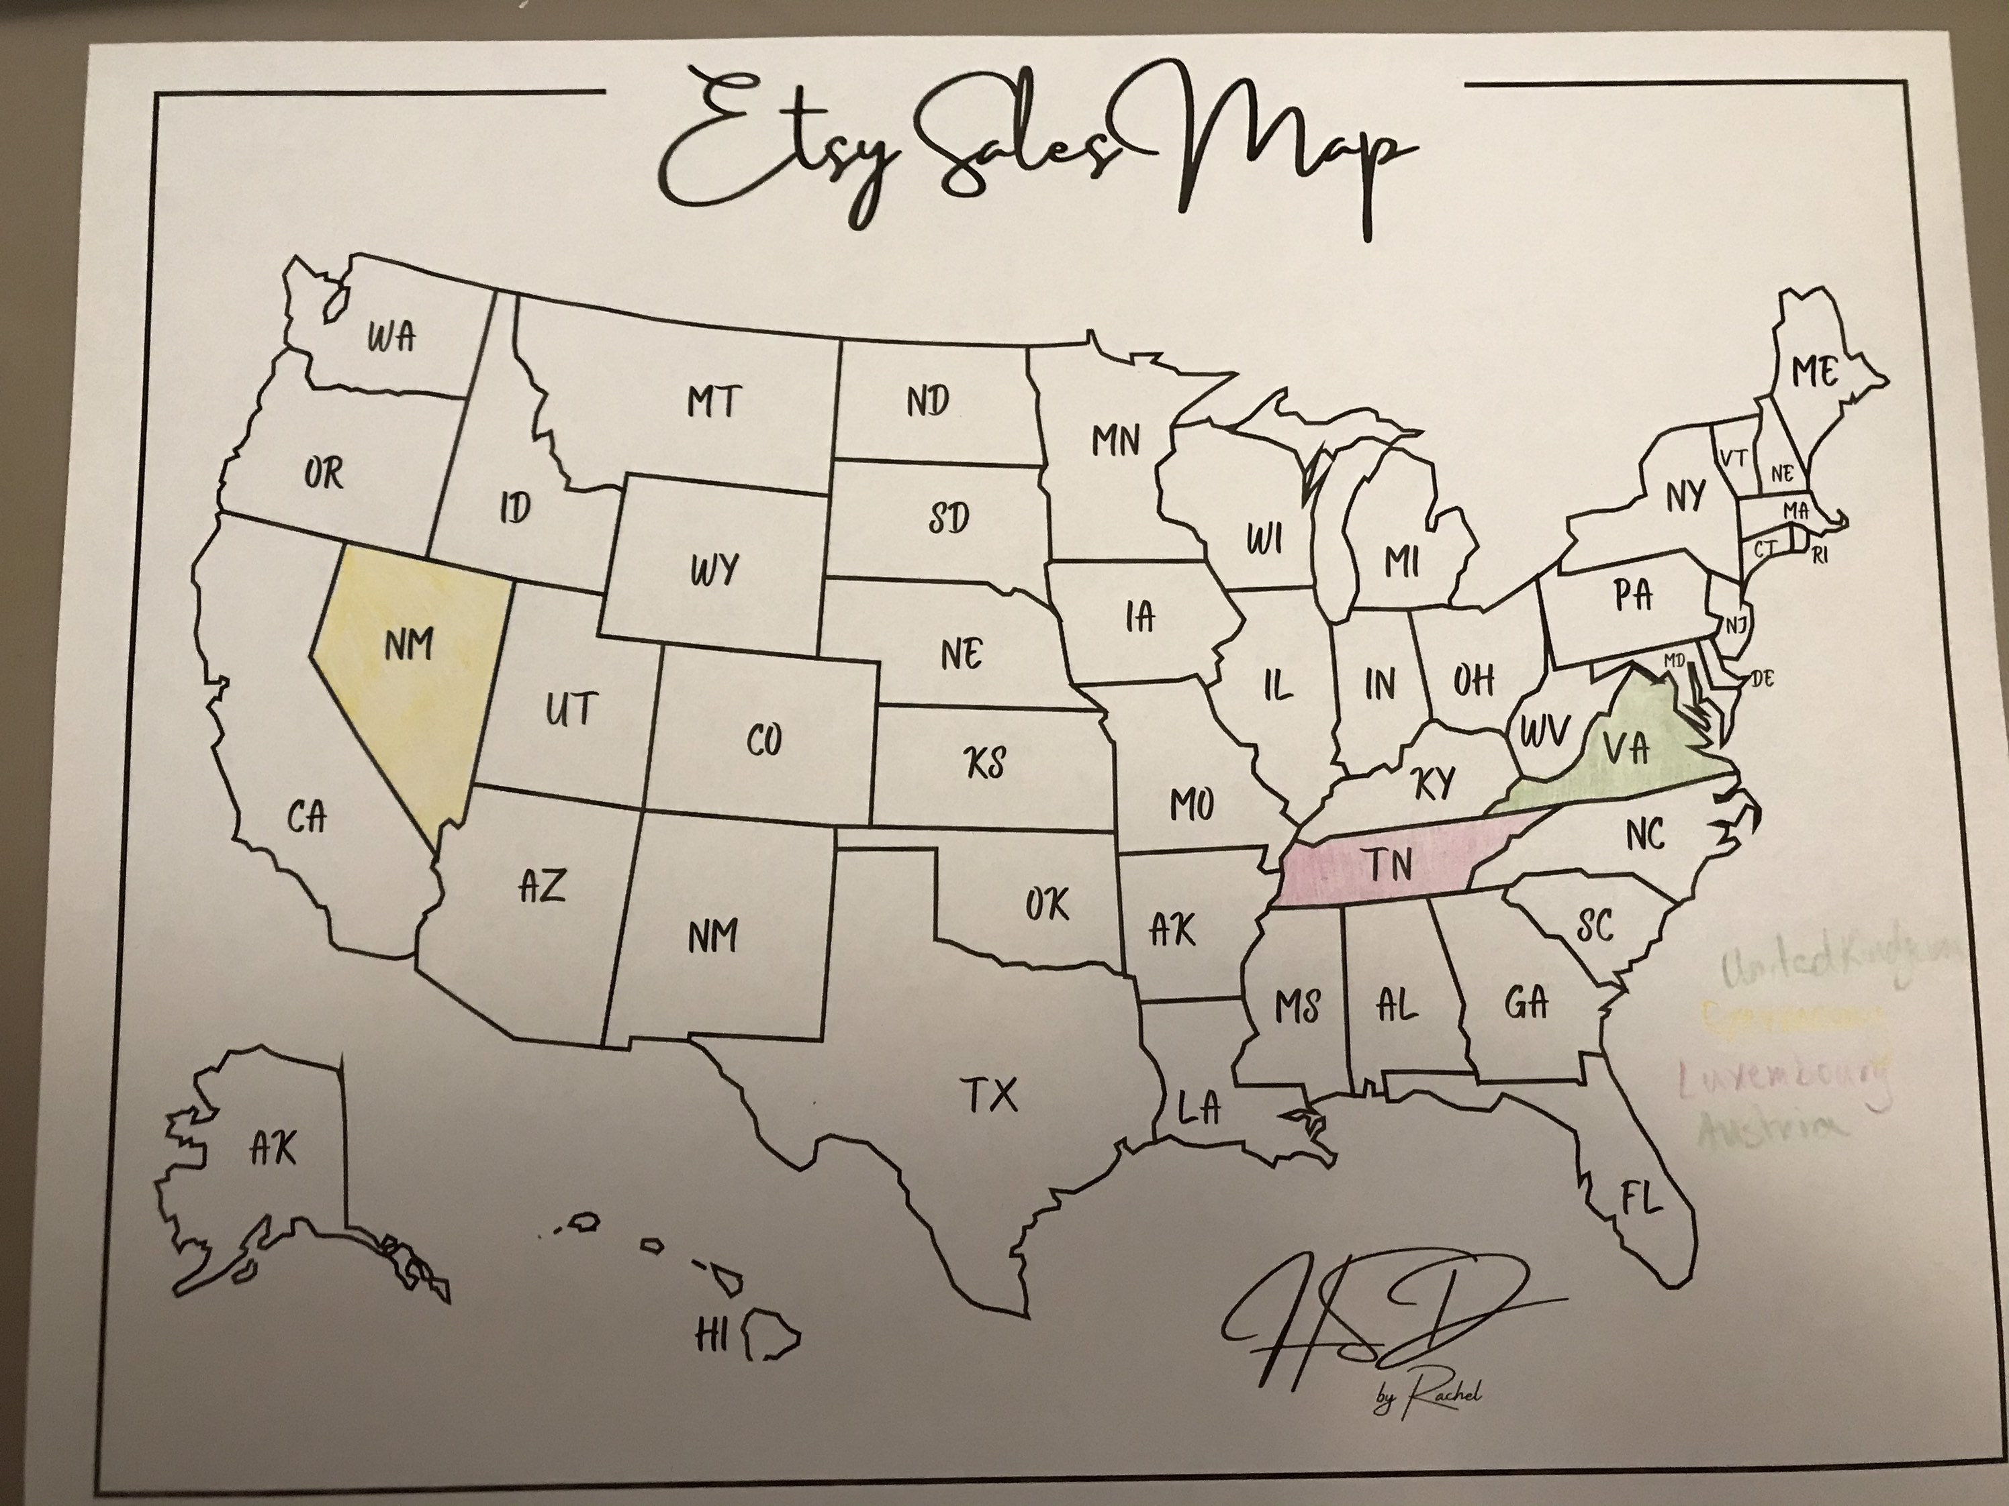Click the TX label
coord(990,1097)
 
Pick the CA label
coord(307,819)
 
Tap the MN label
coord(1115,442)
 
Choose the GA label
coord(1526,1003)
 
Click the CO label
coord(764,742)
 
